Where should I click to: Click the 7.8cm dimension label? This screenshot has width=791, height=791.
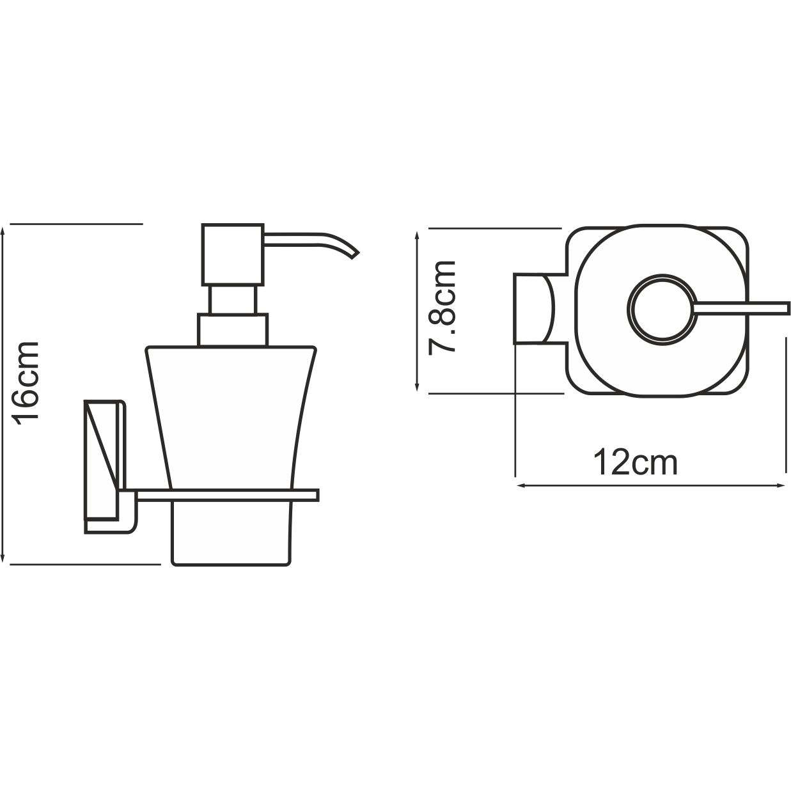(442, 307)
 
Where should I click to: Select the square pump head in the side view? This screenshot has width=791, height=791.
(233, 255)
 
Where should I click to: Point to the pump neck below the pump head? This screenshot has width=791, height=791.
(233, 300)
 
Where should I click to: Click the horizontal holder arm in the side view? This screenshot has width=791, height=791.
(227, 494)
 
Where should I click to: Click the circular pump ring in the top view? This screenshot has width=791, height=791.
(660, 308)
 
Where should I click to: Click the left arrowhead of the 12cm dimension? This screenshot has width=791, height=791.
(520, 486)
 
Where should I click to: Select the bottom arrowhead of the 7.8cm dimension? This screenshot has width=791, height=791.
(418, 388)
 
